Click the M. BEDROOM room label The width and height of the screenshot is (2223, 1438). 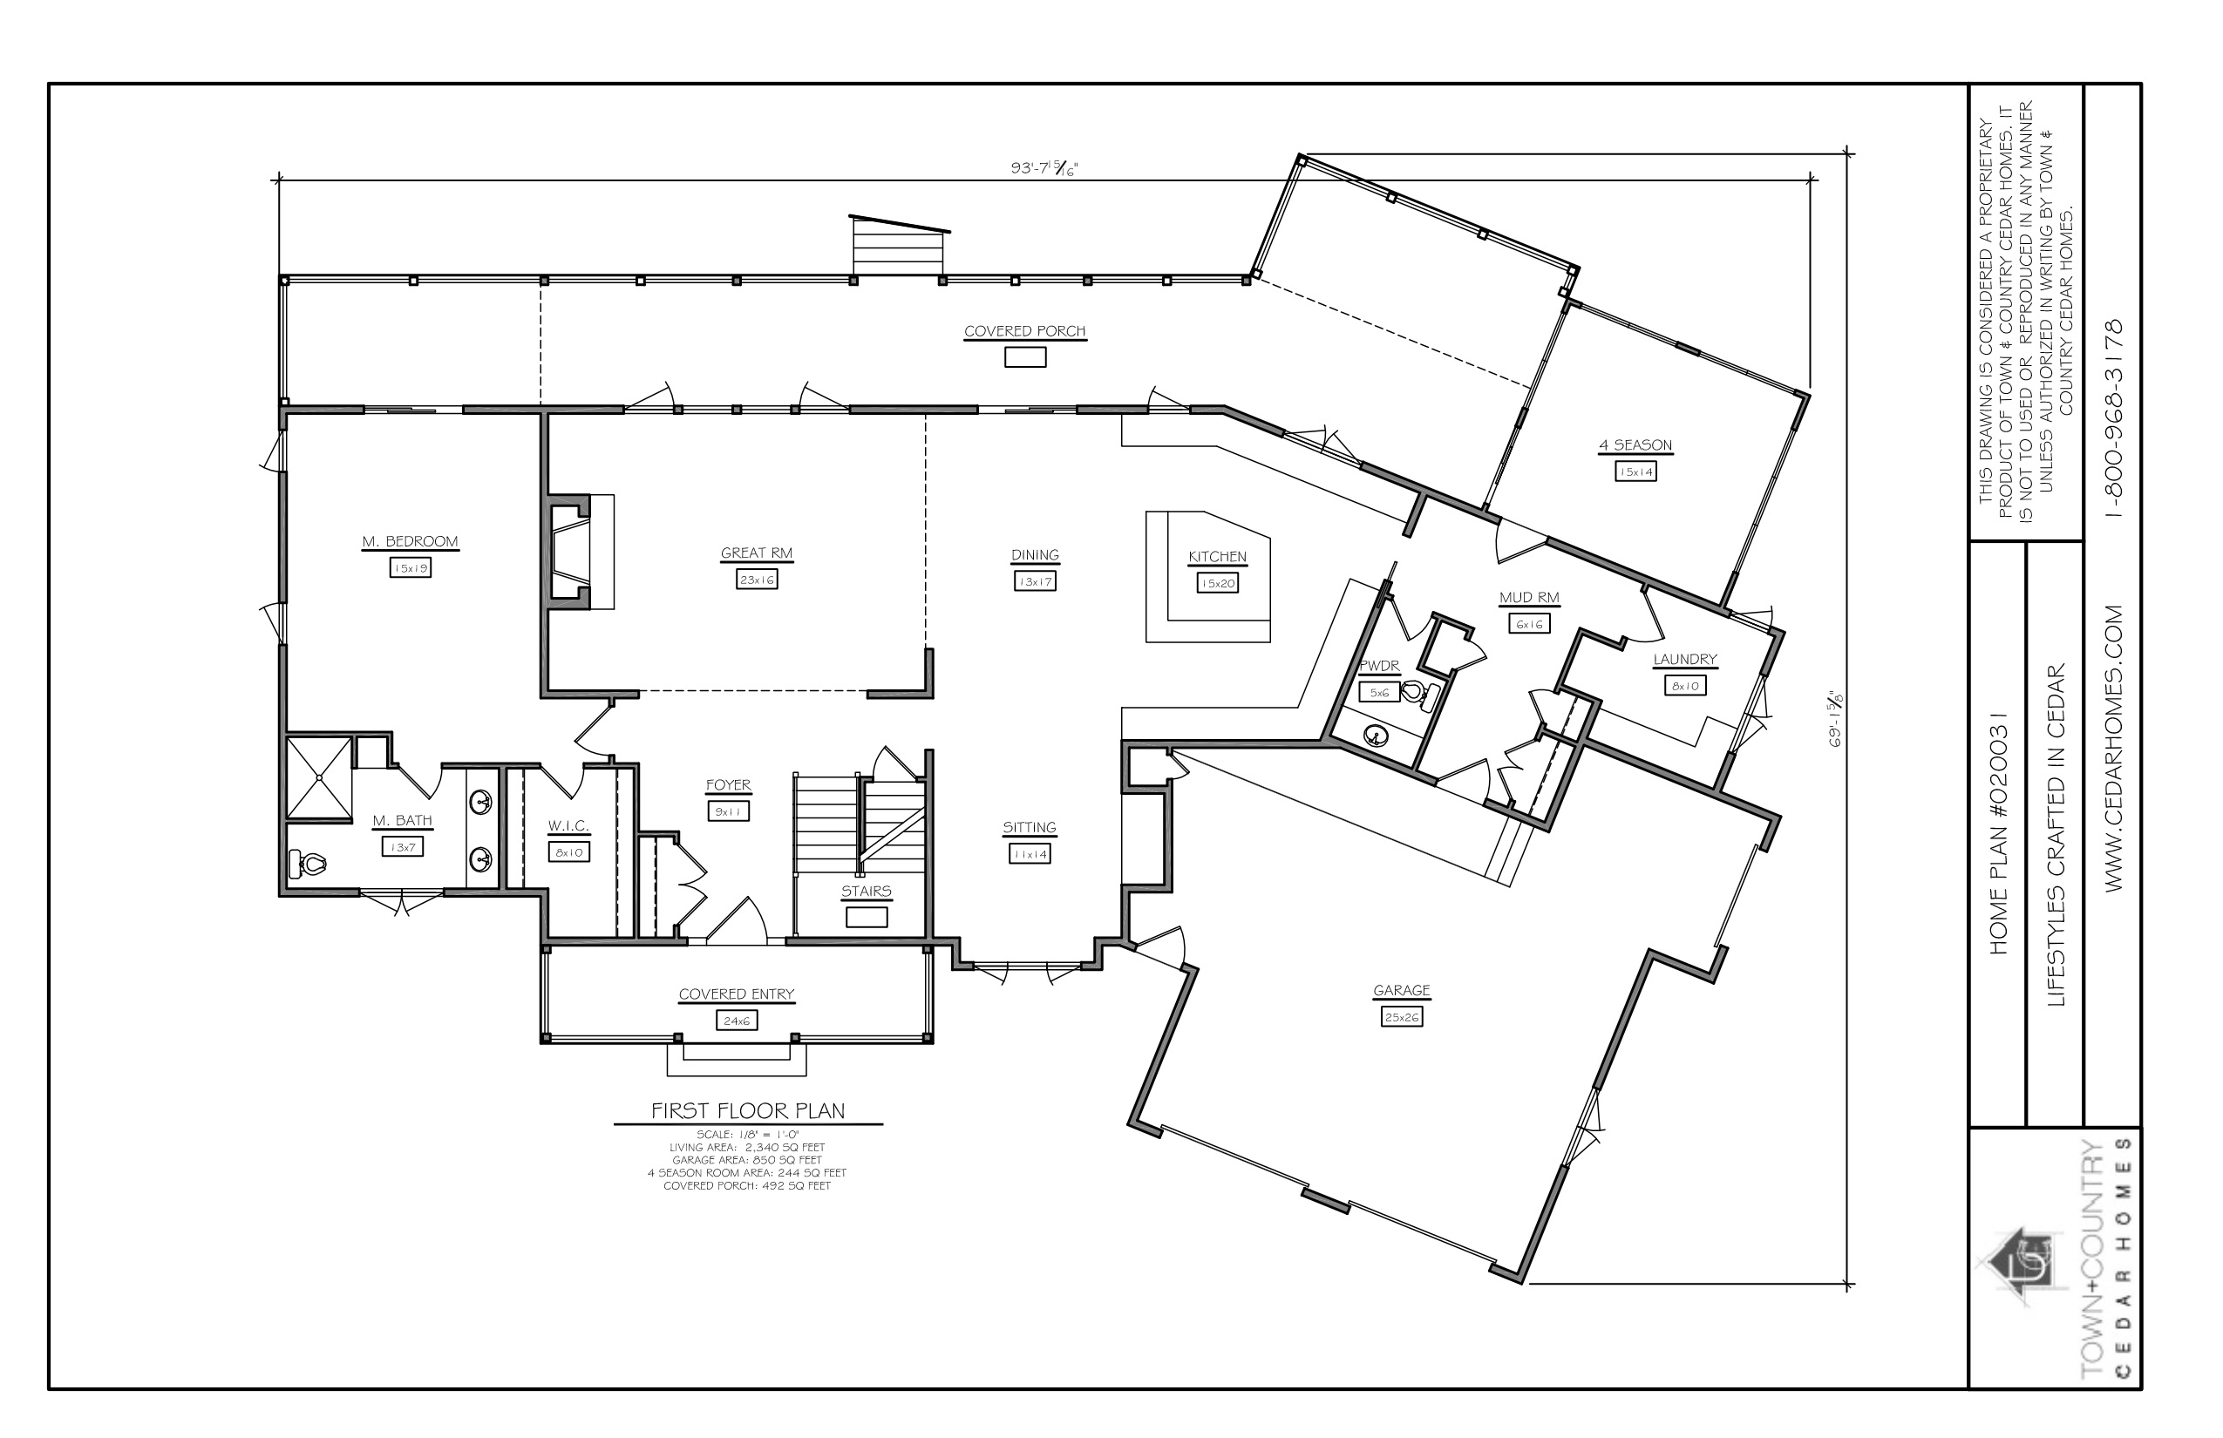tap(410, 541)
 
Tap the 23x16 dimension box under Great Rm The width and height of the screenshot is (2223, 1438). tap(757, 580)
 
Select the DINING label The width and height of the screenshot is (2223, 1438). tap(1035, 554)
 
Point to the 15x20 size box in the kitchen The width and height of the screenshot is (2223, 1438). tap(1218, 584)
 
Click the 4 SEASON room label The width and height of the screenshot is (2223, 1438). tap(1635, 445)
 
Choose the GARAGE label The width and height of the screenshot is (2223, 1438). tap(1401, 990)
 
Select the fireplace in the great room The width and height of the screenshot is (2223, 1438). tap(570, 553)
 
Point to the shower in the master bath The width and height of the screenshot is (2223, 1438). tap(319, 777)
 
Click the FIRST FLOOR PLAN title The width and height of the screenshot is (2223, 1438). tap(748, 1111)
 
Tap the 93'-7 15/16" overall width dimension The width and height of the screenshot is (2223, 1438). tap(1044, 168)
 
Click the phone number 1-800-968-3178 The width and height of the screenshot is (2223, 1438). tap(2115, 418)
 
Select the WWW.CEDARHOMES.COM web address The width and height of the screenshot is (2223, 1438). tap(2115, 748)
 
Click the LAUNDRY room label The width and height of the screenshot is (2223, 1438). tap(1685, 659)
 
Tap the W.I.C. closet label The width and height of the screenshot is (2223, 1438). tap(568, 826)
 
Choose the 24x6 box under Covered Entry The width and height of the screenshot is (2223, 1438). tap(737, 1021)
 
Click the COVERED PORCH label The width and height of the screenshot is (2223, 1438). tap(1024, 331)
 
